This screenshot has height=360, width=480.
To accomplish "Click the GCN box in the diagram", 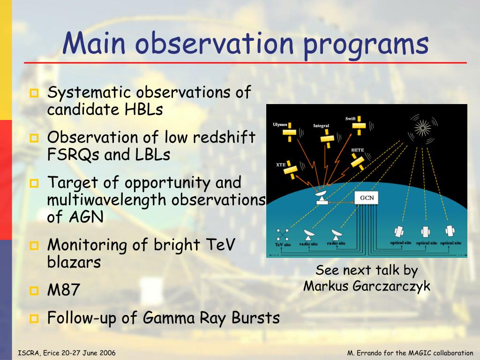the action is click(367, 198).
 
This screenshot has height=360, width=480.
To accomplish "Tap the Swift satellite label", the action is click(351, 119).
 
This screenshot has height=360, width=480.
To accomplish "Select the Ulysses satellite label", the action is click(280, 125).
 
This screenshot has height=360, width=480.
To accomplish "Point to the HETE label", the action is click(358, 150).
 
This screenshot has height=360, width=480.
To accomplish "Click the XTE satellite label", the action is click(281, 165).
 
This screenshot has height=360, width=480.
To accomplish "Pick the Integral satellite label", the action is click(321, 126).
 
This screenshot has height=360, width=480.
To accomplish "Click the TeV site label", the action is click(283, 245).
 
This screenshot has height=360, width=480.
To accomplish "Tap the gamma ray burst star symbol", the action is click(422, 127).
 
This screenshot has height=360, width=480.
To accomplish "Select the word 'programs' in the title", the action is click(366, 45).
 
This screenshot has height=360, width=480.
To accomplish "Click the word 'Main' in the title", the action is click(94, 43).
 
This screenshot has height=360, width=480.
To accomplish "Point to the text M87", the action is click(64, 290).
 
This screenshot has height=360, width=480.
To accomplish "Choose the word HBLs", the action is click(143, 109).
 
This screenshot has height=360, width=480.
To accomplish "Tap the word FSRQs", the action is click(73, 155).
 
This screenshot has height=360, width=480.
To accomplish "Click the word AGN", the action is click(86, 217).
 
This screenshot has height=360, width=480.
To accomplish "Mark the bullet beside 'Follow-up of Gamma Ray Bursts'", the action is click(34, 319).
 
